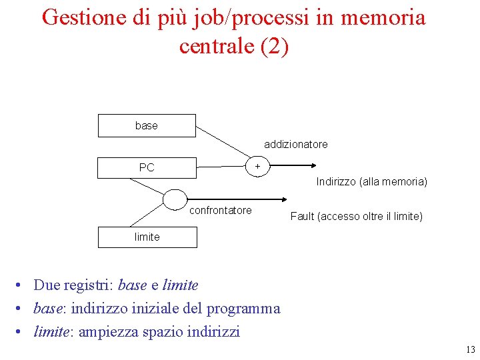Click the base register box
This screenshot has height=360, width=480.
147,125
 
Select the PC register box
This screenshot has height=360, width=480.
147,167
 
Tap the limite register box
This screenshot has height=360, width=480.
147,237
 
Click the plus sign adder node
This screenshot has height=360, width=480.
257,165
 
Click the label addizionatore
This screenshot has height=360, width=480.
295,144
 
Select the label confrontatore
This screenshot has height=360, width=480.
221,211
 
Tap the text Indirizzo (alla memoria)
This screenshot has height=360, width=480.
371,181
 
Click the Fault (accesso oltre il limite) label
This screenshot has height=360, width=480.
357,216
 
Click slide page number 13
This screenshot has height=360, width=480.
471,349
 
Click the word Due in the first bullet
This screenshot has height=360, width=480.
46,285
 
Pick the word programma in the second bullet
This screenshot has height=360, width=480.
243,309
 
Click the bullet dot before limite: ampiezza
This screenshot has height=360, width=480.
22,331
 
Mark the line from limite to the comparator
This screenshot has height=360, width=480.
147,215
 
